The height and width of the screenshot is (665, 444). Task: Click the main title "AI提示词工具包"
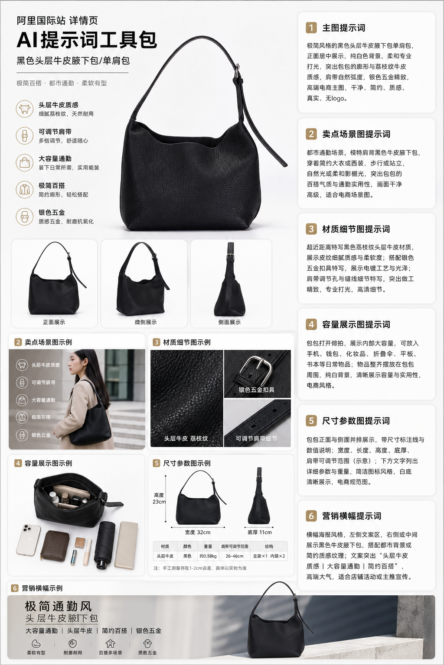[87, 40]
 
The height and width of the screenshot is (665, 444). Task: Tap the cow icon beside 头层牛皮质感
[25, 109]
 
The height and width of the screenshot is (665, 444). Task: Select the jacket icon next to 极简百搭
[25, 189]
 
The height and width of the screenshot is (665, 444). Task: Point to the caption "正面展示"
[54, 322]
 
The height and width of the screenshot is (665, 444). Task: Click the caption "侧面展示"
[229, 322]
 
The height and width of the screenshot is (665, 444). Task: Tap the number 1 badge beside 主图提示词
[311, 28]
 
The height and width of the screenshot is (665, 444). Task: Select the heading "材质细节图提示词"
[356, 229]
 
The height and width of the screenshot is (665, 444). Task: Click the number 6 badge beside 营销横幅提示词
[311, 516]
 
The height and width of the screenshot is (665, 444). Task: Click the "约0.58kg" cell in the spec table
[208, 556]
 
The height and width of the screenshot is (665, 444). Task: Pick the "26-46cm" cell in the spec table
[234, 556]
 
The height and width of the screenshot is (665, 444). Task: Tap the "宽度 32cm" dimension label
[197, 532]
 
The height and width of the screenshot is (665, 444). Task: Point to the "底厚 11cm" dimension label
[260, 532]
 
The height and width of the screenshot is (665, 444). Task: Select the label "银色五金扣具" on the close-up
[256, 390]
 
